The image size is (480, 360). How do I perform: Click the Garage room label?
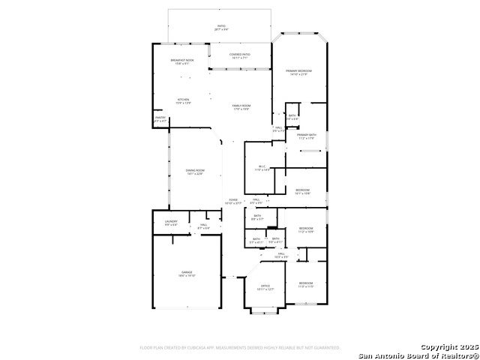tap(186, 271)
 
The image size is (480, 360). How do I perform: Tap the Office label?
tap(265, 286)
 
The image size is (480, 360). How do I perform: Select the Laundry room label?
tap(171, 222)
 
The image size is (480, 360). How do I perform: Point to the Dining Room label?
tap(195, 171)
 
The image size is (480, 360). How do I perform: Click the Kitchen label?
tap(183, 100)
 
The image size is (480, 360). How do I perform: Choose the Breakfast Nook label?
tap(182, 60)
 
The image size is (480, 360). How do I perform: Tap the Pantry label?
tap(160, 117)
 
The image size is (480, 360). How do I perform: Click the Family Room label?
tap(241, 106)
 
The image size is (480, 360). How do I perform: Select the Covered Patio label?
tap(240, 54)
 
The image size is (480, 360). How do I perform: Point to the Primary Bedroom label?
tap(298, 70)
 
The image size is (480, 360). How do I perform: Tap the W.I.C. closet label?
tap(262, 166)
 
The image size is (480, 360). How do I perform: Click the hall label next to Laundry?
tap(203, 224)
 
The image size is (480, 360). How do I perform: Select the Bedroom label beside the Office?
tap(305, 283)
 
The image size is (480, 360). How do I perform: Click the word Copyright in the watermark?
tap(442, 347)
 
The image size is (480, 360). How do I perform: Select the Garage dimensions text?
tap(186, 276)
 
